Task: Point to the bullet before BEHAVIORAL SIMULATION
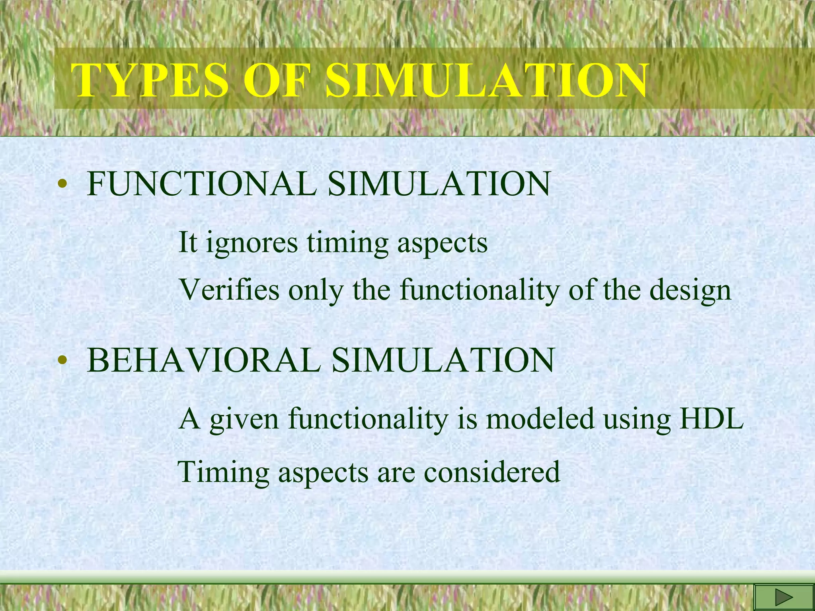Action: tap(61, 361)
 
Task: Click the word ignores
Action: tap(252, 243)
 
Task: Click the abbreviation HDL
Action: tap(711, 419)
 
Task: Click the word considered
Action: tap(492, 472)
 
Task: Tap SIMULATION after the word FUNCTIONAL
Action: tap(439, 184)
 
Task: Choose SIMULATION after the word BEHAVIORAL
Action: tap(443, 360)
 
